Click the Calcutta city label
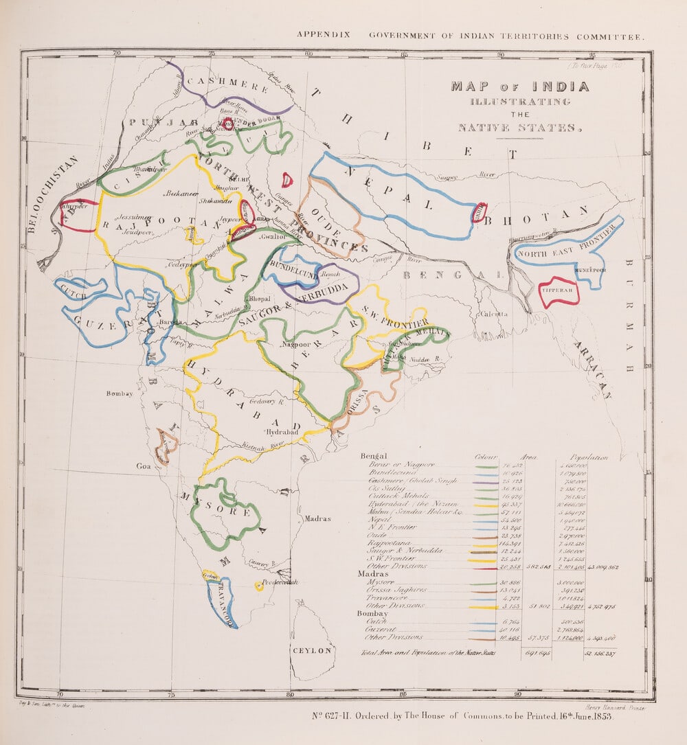click(494, 314)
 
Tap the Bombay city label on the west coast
click(120, 393)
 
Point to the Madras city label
click(317, 519)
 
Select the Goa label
click(143, 466)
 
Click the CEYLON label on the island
click(313, 650)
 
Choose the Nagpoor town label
click(297, 343)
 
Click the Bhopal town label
click(259, 299)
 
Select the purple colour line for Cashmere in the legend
click(486, 483)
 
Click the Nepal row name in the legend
click(379, 520)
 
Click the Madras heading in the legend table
click(373, 573)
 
